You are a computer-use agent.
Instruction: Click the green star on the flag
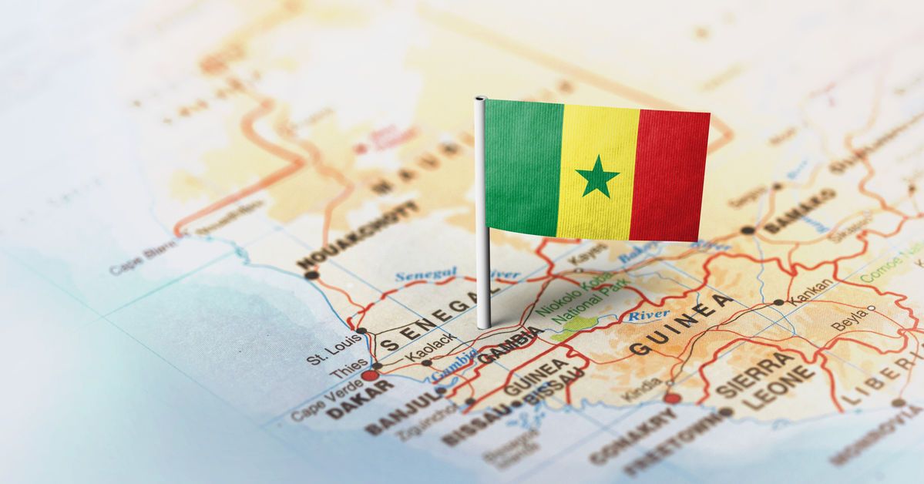point(597,176)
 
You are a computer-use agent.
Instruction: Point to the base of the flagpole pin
point(484,323)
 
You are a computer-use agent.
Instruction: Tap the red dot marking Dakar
point(371,375)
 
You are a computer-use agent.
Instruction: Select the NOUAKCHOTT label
point(358,234)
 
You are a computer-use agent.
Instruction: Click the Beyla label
point(848,324)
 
